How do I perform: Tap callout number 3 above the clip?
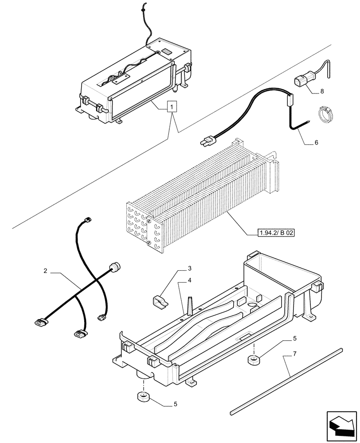pyautogui.click(x=189, y=268)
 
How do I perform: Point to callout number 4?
pyautogui.click(x=189, y=280)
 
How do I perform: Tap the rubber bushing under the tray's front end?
pyautogui.click(x=143, y=396)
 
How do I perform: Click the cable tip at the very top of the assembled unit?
pyautogui.click(x=143, y=7)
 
